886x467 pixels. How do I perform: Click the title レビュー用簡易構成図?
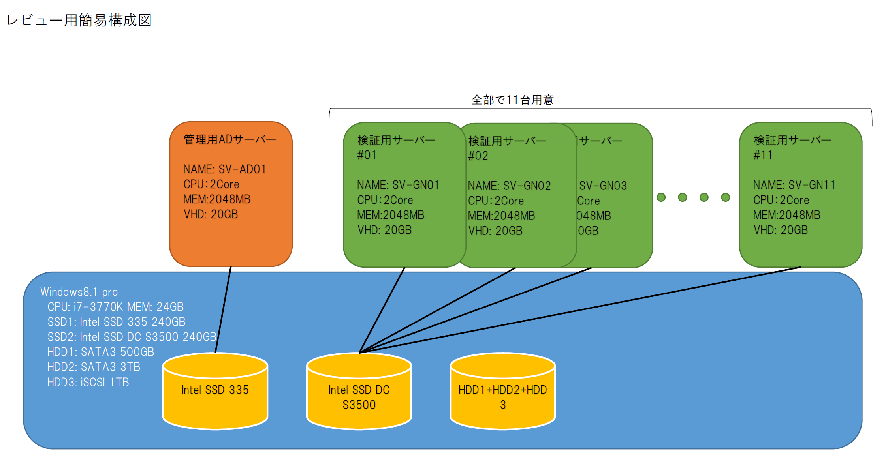tap(79, 20)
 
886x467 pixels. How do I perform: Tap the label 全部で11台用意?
tap(512, 100)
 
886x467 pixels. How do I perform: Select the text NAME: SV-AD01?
tap(224, 169)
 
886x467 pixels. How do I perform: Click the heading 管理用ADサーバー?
tap(229, 139)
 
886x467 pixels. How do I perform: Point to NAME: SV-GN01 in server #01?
tap(398, 185)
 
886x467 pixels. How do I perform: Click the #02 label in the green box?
tap(478, 156)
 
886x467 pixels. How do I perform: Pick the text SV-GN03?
tap(603, 186)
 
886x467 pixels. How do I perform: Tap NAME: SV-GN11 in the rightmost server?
tap(794, 185)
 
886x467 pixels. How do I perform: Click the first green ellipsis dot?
tap(661, 197)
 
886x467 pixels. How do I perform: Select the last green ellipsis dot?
tap(725, 197)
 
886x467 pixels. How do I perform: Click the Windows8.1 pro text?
tap(79, 292)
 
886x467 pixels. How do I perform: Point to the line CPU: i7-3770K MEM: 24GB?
tap(115, 307)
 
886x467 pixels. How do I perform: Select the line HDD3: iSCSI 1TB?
tap(88, 383)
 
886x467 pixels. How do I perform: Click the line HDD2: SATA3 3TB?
tap(94, 367)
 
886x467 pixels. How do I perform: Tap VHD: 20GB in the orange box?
tap(211, 214)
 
